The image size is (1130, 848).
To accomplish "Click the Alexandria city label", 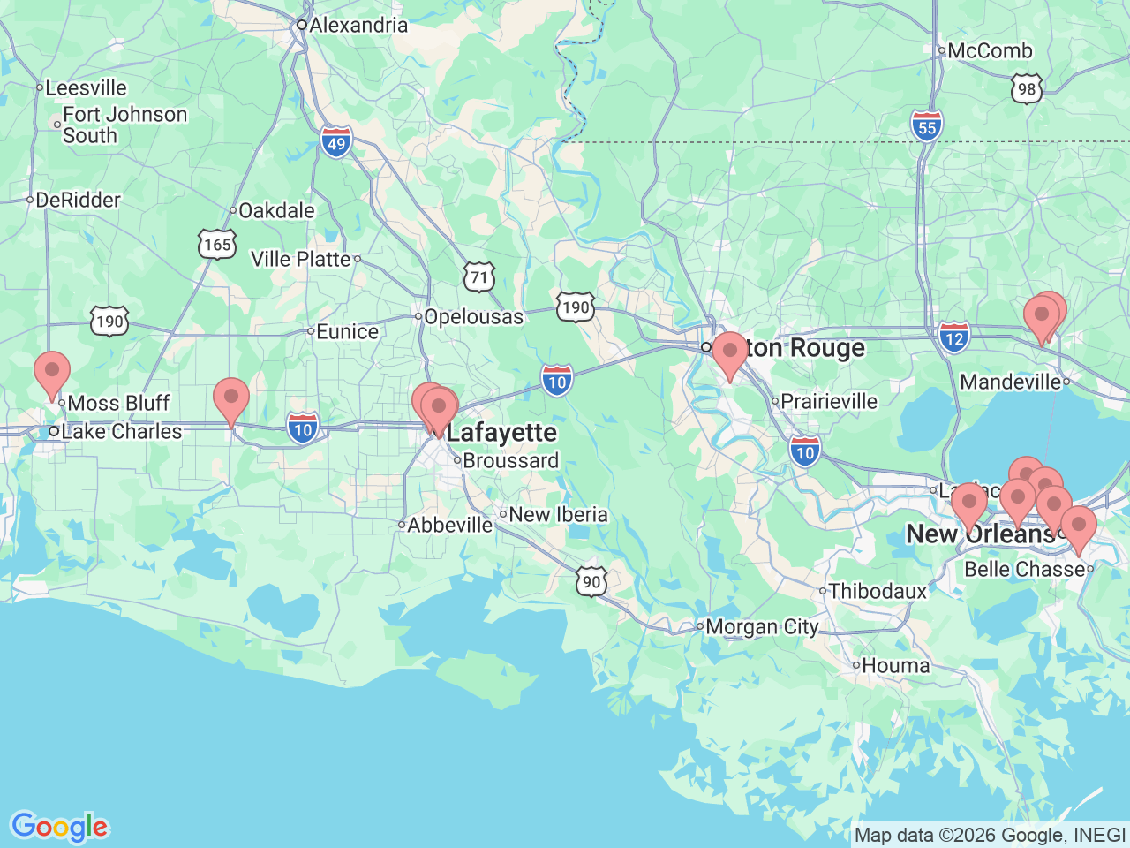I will tap(358, 25).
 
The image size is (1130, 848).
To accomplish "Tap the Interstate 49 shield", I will tap(336, 141).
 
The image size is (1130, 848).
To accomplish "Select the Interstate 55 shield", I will tap(926, 125).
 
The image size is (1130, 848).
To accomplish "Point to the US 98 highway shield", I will tap(1026, 88).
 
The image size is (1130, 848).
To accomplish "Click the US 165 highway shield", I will tap(217, 245).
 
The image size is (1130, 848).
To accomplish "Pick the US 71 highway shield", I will tap(478, 276).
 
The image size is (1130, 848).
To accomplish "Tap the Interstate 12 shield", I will tap(954, 337).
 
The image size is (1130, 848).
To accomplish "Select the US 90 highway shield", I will tap(591, 582).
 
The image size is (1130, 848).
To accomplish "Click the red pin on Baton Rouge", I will tap(729, 352).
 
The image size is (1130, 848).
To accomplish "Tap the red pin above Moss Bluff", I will tap(52, 371).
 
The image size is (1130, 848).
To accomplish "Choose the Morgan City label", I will tap(762, 627).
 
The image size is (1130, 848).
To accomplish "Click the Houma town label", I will tap(895, 666).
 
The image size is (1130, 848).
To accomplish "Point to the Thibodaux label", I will tap(878, 591).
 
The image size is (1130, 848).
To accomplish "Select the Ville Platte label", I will tap(301, 259).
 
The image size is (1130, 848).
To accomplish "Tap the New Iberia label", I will tap(558, 514).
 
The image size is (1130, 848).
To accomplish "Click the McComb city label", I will tap(989, 50).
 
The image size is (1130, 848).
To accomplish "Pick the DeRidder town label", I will tap(78, 201).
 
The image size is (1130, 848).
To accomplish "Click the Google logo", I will tap(59, 827).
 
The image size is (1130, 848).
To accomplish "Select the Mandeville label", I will tap(1011, 382).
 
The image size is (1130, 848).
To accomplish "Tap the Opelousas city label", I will tap(473, 316).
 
